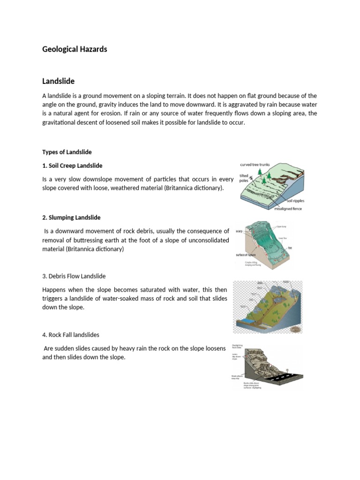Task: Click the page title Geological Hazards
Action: tap(75, 49)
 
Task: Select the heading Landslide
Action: tap(59, 81)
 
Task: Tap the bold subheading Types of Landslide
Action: tap(67, 152)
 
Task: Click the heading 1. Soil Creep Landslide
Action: tap(72, 166)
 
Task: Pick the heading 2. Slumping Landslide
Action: tap(71, 217)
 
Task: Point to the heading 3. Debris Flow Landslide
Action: tap(77, 276)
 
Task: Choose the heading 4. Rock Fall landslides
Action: tap(71, 335)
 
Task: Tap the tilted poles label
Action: tap(244, 177)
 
